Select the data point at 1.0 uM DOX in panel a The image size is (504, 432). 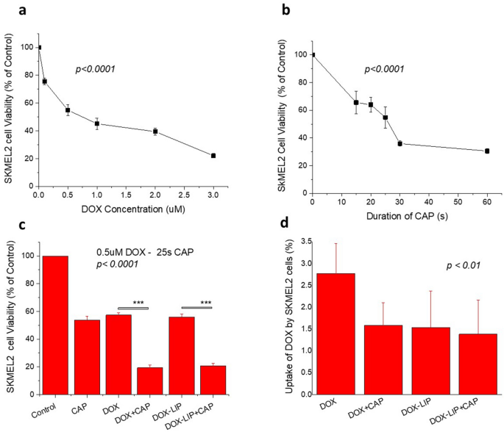click(97, 123)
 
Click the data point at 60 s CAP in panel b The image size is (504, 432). click(487, 151)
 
